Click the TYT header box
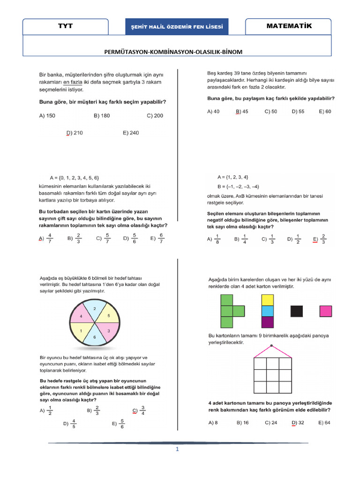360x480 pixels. [66, 27]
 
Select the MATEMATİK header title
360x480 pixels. [289, 26]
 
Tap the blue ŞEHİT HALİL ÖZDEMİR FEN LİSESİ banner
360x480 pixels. [177, 27]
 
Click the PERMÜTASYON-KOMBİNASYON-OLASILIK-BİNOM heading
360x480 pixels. [173, 52]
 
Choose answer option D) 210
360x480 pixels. [75, 133]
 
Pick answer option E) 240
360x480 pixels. [131, 133]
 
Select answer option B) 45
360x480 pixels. [242, 112]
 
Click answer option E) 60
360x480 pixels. [324, 112]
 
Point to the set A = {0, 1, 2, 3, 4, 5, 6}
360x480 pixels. [75, 178]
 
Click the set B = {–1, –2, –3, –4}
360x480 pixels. [238, 187]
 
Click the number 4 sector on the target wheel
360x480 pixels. [81, 316]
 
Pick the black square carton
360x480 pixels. [297, 311]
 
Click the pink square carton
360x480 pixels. [326, 311]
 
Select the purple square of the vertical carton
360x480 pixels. [267, 322]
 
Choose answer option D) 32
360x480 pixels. [298, 422]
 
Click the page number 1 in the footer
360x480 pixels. [178, 449]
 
